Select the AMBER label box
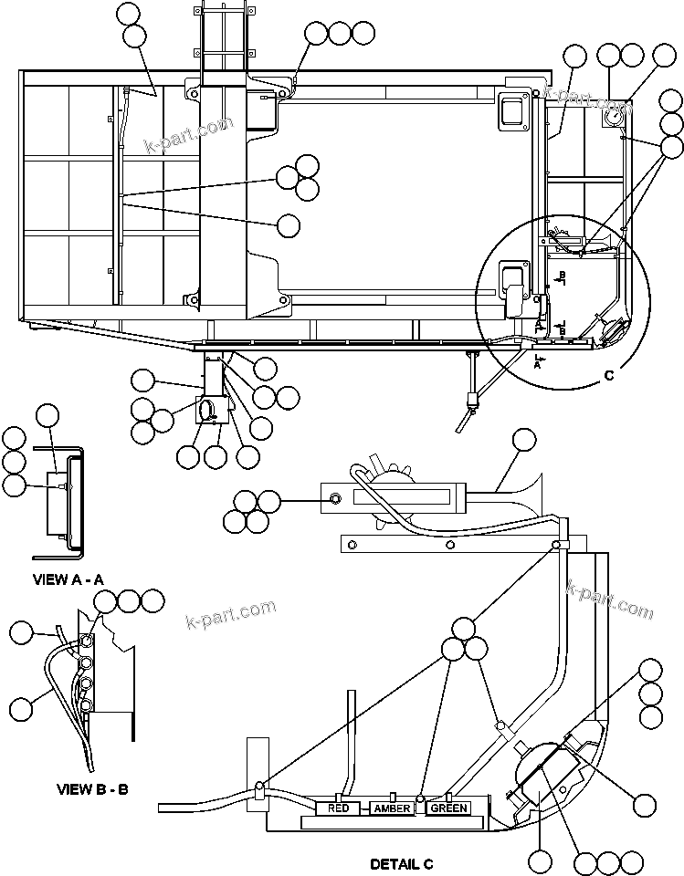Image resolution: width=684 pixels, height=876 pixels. (393, 808)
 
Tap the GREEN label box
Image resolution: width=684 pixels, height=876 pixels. (448, 808)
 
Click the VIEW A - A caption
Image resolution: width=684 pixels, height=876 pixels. (68, 579)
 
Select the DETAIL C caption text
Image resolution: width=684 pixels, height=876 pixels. (401, 863)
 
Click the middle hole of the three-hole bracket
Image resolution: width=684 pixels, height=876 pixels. (449, 545)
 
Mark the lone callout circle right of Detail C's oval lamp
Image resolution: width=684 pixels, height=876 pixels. (645, 804)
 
